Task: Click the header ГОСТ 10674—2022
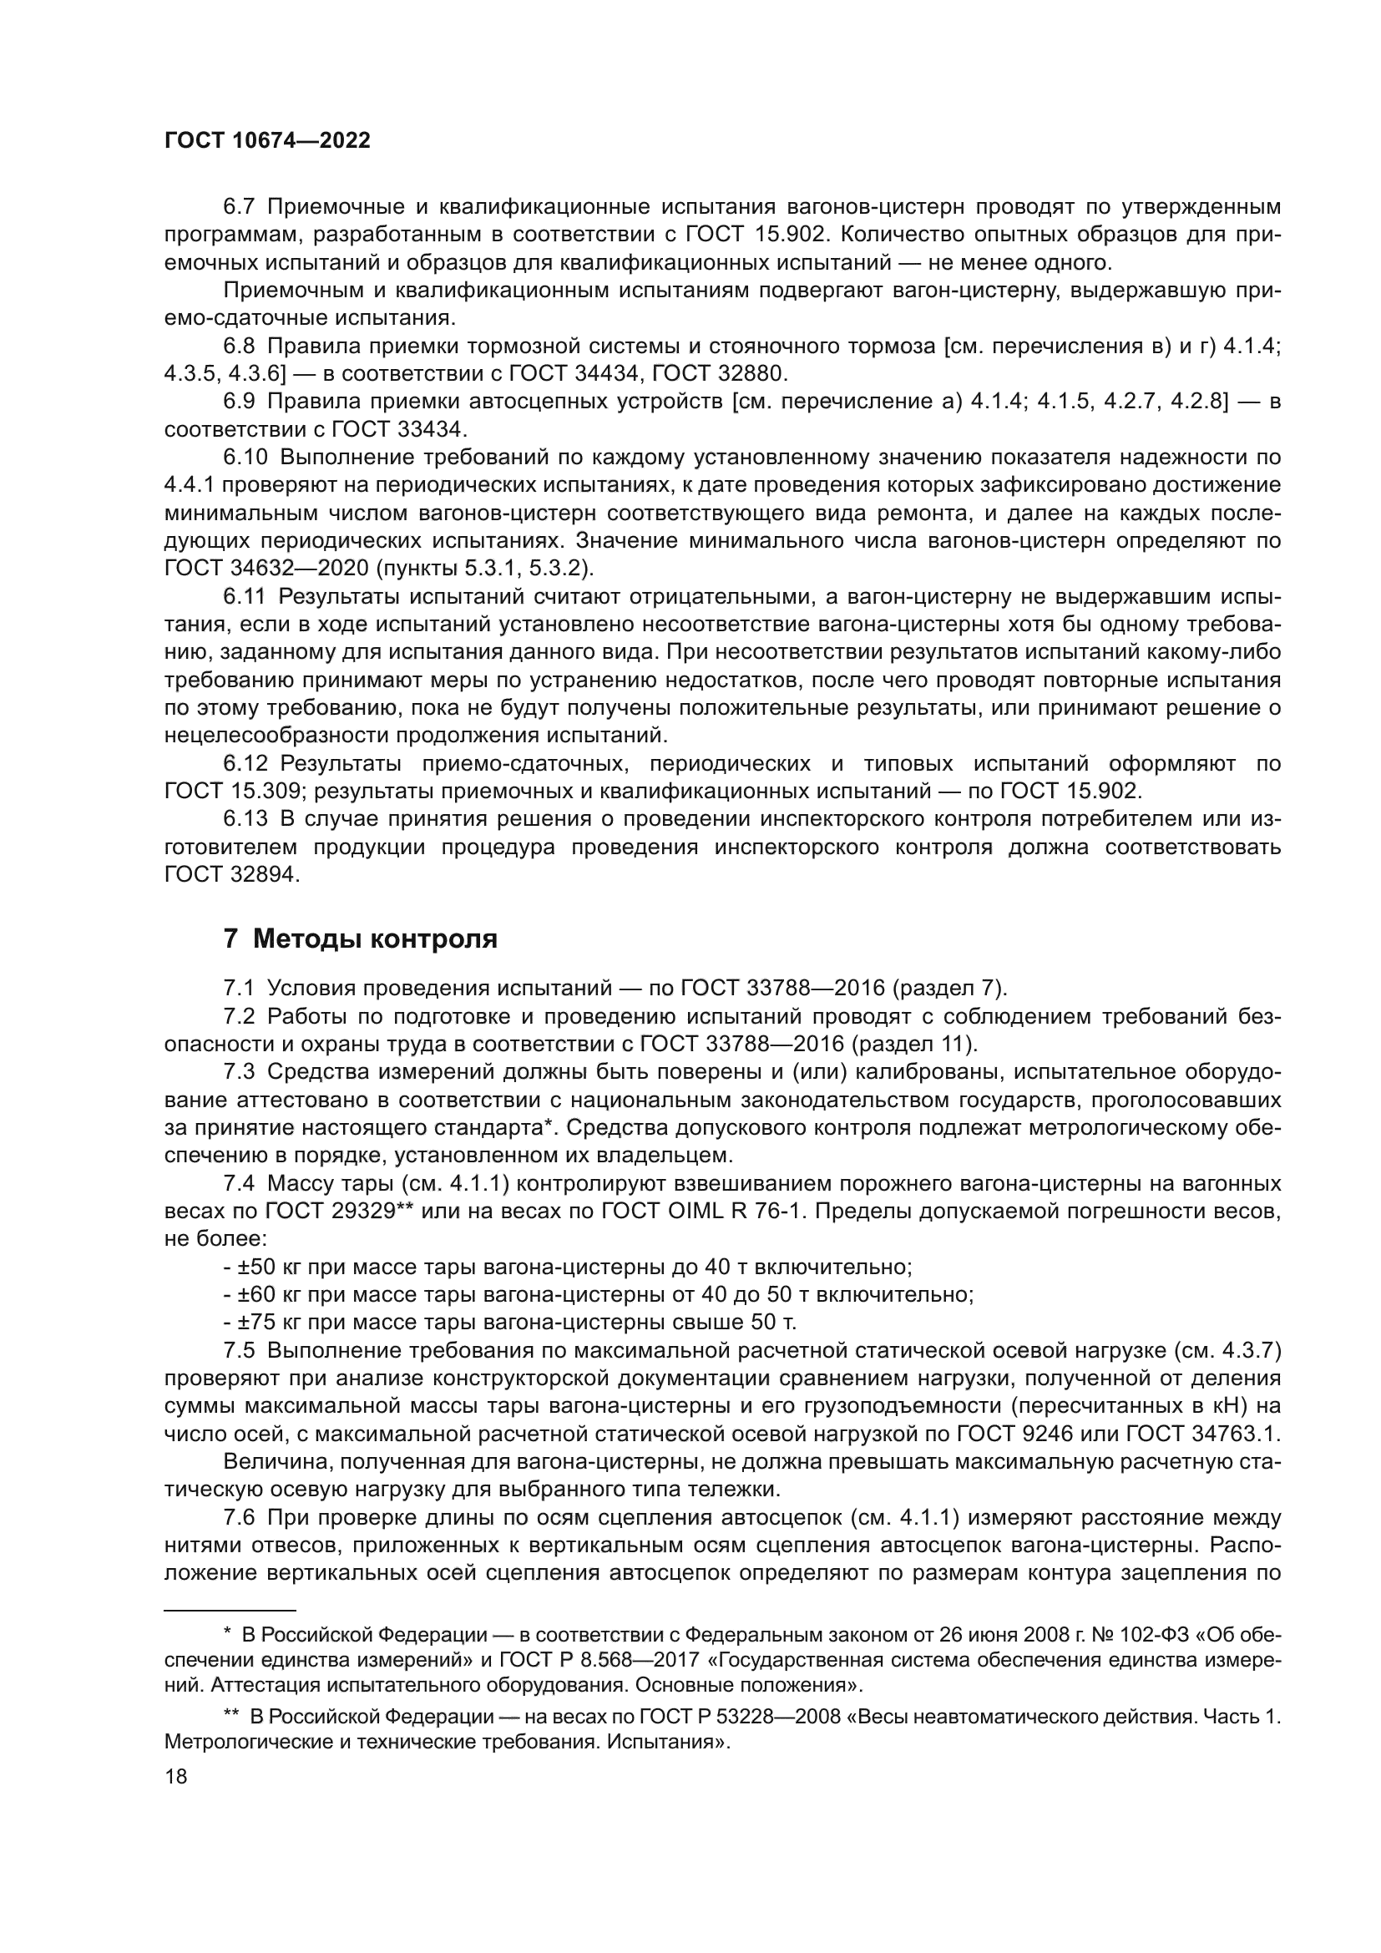tap(267, 141)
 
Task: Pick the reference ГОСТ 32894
tap(231, 874)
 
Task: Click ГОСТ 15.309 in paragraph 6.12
tap(231, 790)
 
